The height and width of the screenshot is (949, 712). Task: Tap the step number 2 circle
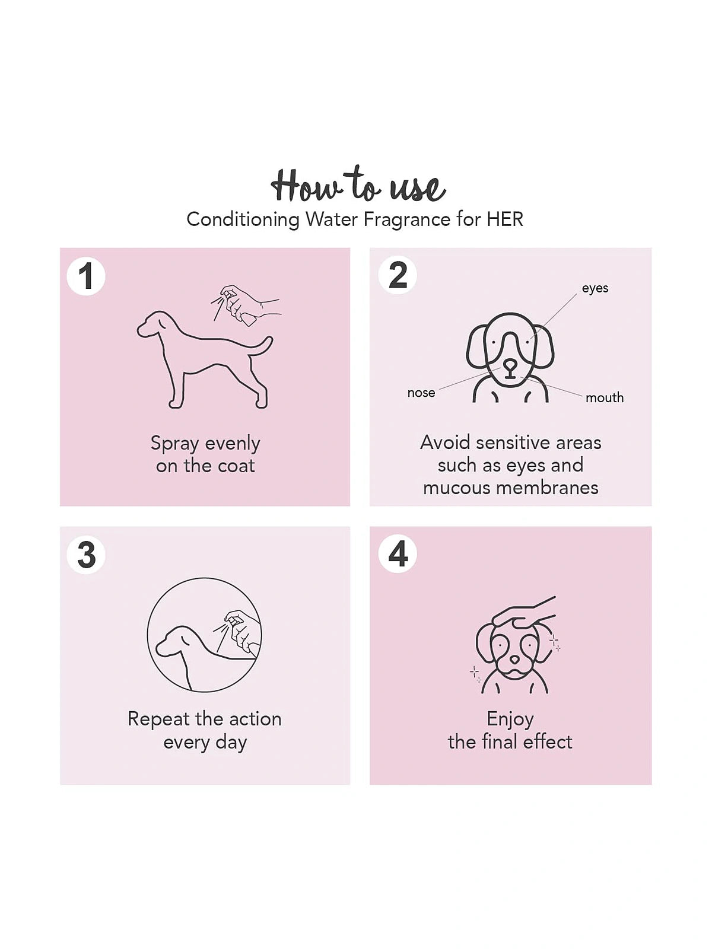(398, 275)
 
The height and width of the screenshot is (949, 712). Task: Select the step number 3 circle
(86, 555)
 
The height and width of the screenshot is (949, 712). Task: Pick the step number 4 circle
(398, 554)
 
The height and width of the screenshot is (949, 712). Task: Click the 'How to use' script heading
(358, 184)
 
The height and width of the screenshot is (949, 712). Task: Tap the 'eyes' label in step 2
(595, 288)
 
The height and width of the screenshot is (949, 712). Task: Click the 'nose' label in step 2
(421, 393)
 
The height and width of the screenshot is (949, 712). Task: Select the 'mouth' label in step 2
(605, 397)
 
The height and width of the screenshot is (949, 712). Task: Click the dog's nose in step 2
(510, 366)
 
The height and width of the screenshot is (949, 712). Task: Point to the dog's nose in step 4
(514, 660)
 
